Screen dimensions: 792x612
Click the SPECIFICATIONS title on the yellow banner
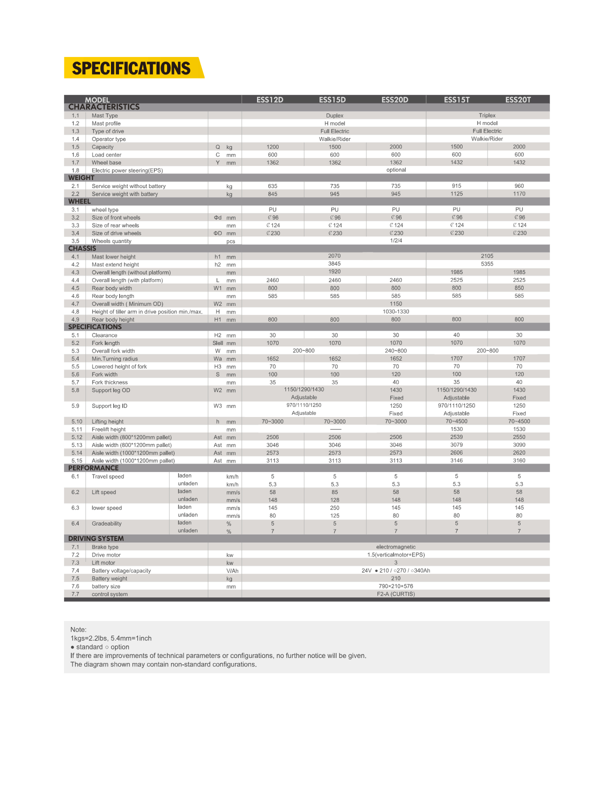131,68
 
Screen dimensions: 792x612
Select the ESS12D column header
269,99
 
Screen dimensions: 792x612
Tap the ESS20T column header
518,99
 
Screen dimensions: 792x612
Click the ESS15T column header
456,99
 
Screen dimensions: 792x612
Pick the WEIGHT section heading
81,177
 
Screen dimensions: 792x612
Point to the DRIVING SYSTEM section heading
96,538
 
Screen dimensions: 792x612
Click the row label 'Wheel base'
106,162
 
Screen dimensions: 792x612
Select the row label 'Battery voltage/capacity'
121,570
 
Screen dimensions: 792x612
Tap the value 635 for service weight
272,186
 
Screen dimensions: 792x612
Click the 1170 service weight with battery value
519,194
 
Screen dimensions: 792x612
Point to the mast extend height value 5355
487,264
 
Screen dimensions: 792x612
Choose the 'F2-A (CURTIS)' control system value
395,594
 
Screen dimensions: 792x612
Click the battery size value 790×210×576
395,586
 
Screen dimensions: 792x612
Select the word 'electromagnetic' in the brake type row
395,547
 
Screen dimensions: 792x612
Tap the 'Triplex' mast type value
487,115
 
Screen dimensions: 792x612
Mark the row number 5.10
76,421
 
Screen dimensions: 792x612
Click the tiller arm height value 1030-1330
395,311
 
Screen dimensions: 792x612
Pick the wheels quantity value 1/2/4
395,240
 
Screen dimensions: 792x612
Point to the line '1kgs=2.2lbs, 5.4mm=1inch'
111,638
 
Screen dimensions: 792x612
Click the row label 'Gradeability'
106,523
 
